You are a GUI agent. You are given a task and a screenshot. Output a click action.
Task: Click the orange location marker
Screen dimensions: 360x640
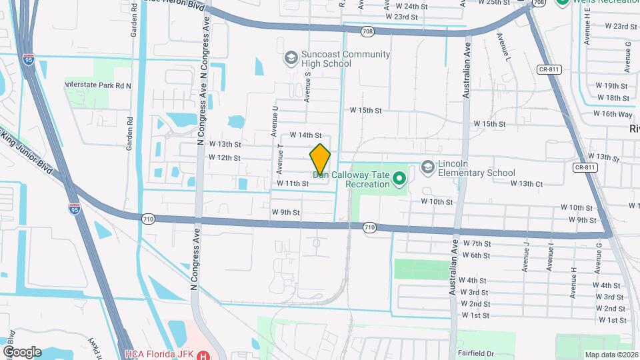(321, 160)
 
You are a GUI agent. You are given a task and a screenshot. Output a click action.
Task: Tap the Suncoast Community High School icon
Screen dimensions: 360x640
(291, 58)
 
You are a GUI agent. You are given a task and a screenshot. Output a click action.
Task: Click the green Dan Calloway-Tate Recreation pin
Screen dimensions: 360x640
(399, 179)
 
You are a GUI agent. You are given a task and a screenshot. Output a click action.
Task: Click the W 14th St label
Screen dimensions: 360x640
(305, 135)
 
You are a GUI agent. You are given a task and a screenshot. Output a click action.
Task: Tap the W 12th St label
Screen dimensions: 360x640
(224, 158)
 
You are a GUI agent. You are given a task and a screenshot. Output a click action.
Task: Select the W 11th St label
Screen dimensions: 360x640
(293, 183)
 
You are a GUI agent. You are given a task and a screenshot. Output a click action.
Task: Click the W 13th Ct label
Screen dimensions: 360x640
(527, 183)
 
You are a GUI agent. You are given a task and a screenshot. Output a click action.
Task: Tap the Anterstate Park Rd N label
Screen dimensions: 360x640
(98, 85)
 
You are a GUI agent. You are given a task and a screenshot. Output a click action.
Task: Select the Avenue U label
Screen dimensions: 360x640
(275, 117)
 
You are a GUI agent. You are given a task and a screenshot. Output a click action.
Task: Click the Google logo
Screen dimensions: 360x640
(21, 351)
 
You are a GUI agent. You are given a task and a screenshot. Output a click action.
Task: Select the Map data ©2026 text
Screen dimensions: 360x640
(611, 355)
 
